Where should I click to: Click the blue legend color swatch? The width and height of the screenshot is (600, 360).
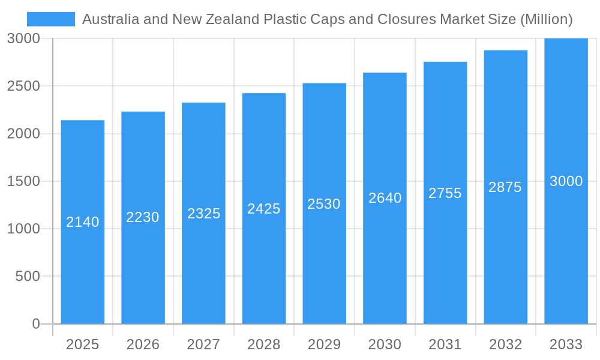pos(51,19)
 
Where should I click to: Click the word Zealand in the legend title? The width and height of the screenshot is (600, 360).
pos(231,19)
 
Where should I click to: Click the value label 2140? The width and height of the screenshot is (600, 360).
pos(83,222)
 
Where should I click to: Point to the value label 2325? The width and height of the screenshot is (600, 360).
pos(204,214)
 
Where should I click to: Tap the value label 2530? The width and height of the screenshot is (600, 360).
pos(324,204)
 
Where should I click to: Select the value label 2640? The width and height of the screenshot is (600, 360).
pos(385,198)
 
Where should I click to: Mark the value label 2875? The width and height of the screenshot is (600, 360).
pos(505,187)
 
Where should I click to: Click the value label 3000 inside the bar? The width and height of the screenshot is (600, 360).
pos(566,181)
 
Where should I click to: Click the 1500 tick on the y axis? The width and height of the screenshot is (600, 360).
pos(23,181)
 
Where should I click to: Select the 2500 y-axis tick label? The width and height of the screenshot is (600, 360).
pos(23,86)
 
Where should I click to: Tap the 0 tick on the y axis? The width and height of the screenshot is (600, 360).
pos(35,324)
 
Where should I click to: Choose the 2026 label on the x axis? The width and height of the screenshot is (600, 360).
pos(143,344)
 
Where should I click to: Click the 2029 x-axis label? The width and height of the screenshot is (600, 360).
pos(324,344)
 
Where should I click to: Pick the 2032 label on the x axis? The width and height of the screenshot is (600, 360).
pos(505,344)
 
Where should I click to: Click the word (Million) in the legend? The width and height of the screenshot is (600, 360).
pos(546,19)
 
